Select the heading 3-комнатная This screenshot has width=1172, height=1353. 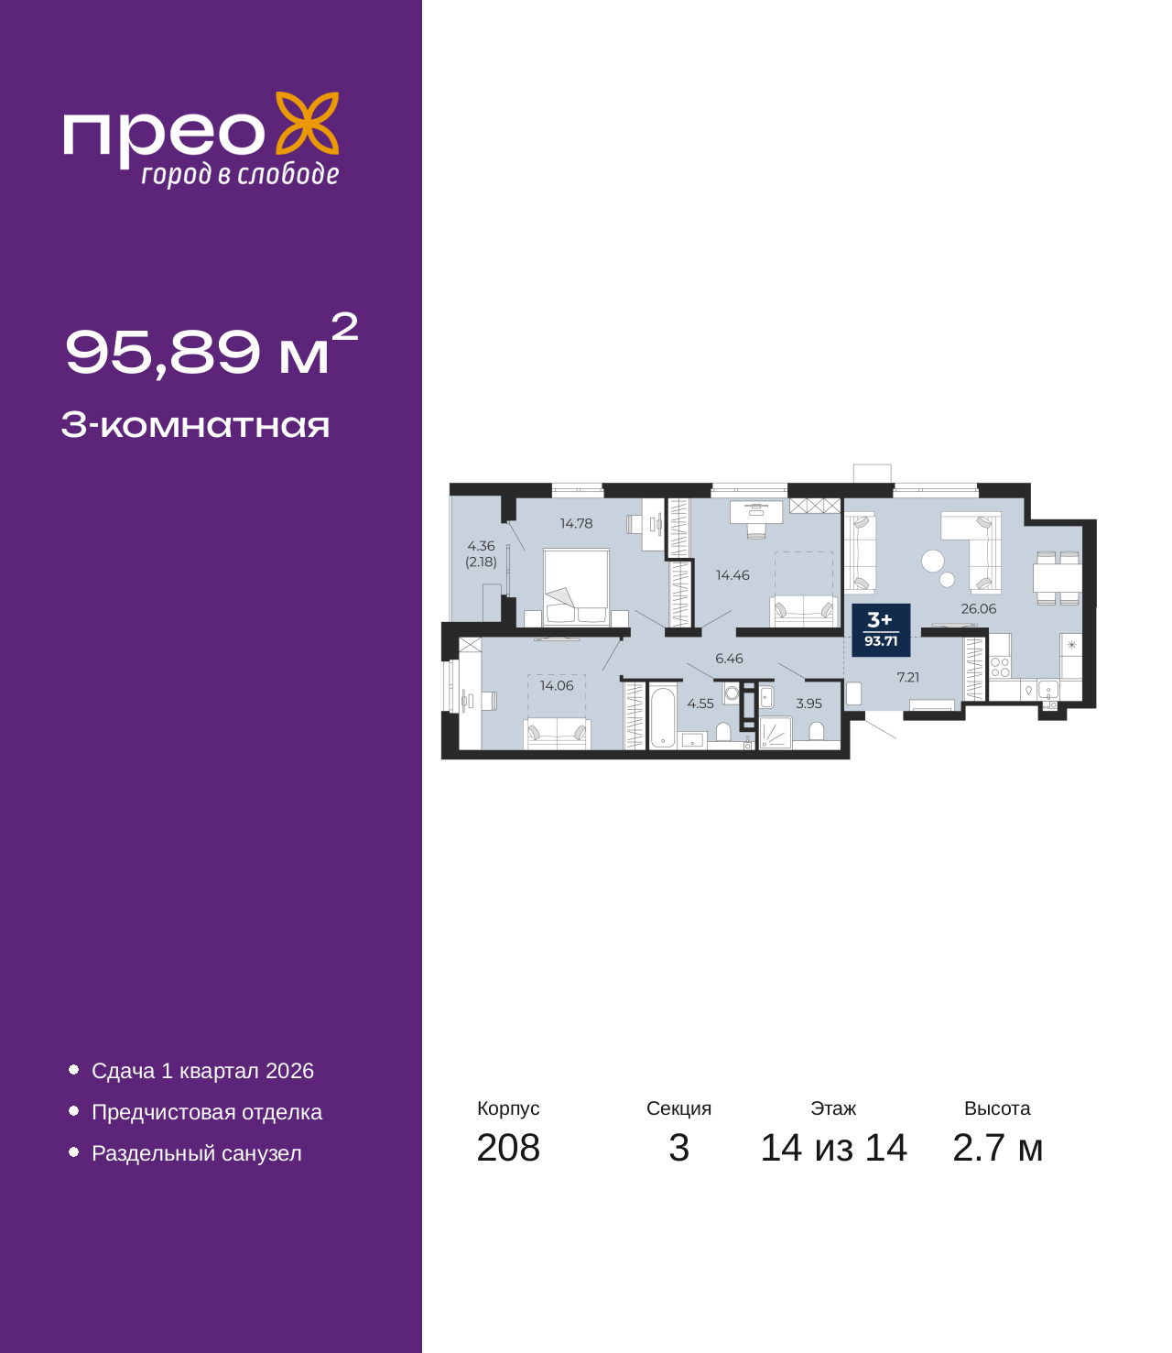[x=195, y=426]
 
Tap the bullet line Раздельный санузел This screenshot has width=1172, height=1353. [x=196, y=1153]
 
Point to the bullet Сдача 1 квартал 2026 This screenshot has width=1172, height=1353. [x=202, y=1071]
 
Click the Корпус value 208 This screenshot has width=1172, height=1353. [x=508, y=1148]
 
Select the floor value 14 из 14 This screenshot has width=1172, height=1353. [x=833, y=1148]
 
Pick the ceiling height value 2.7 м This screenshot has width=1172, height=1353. [x=997, y=1148]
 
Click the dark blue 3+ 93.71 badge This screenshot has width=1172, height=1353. [x=880, y=629]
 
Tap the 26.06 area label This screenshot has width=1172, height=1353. [x=978, y=608]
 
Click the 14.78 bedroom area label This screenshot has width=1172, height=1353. [x=576, y=524]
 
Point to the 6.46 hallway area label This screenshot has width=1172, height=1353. [x=729, y=659]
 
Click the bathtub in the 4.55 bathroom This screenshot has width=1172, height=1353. [x=662, y=716]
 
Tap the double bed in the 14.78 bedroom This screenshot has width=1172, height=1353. [x=576, y=586]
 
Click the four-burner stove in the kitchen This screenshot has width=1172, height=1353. [x=1000, y=667]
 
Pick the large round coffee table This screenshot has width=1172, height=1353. [x=933, y=561]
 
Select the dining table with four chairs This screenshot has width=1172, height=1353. [x=1058, y=578]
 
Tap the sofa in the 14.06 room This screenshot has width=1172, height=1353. [x=557, y=733]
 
